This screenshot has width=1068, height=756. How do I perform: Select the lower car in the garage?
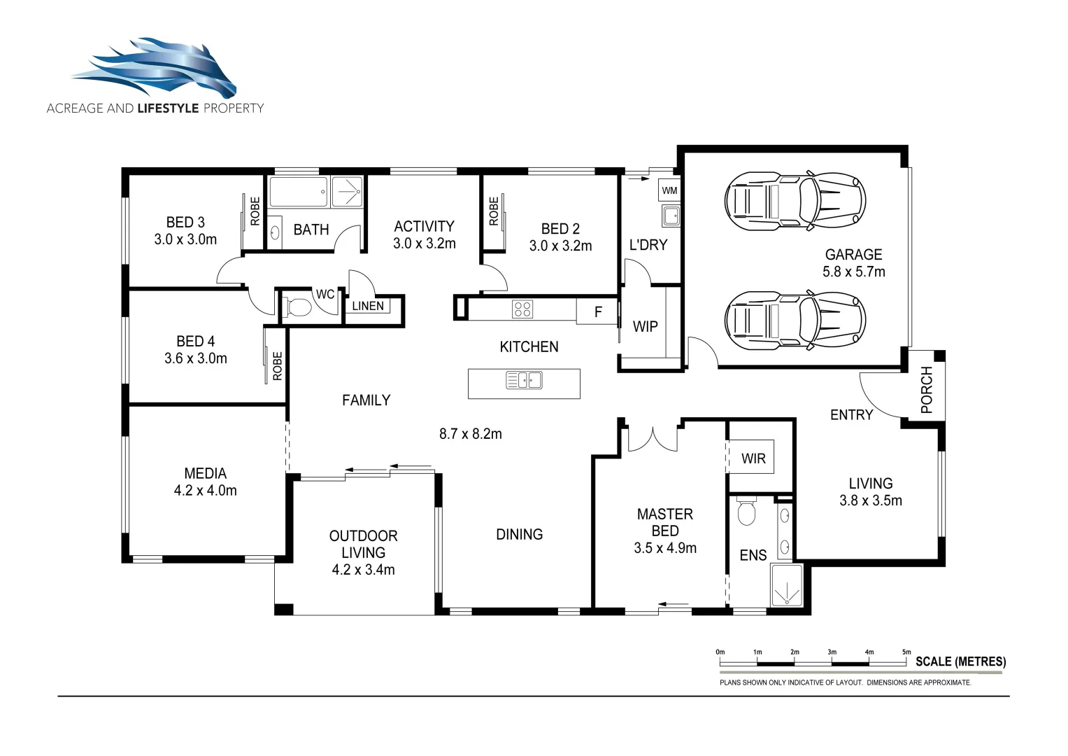(795, 321)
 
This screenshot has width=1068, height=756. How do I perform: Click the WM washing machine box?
(669, 190)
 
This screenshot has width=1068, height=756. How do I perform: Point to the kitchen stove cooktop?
(522, 309)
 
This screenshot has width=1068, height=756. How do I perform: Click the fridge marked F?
(597, 312)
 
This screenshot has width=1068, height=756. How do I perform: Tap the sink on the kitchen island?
(524, 381)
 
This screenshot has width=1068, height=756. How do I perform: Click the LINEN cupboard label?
(368, 306)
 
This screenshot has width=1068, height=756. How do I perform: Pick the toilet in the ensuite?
(747, 512)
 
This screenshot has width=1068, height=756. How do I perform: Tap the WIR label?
(753, 458)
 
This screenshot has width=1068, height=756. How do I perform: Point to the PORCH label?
(927, 389)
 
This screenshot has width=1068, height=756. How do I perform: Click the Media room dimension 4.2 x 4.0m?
(205, 491)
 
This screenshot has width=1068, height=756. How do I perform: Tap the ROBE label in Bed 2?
(494, 211)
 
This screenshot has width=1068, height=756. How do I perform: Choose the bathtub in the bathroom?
(299, 192)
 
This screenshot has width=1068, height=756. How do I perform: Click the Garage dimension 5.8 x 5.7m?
(853, 272)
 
